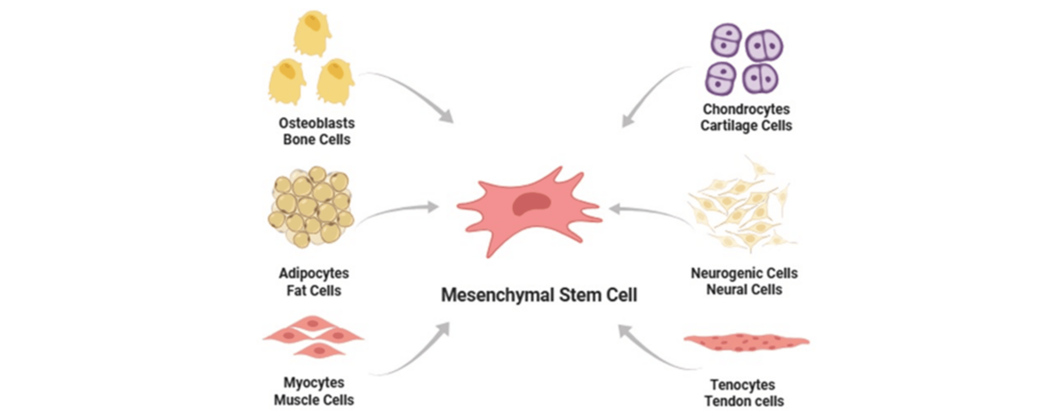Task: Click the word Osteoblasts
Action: (x=317, y=123)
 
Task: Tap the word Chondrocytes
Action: (x=746, y=109)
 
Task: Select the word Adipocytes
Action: (x=314, y=273)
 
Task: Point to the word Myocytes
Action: (x=314, y=383)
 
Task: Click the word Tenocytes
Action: (x=743, y=385)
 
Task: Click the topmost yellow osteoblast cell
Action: (x=312, y=33)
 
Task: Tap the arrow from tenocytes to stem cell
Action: (x=653, y=351)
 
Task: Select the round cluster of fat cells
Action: (x=311, y=207)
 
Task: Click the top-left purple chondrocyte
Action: (x=726, y=40)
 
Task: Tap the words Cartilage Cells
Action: (x=746, y=126)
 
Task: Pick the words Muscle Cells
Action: (x=314, y=400)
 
